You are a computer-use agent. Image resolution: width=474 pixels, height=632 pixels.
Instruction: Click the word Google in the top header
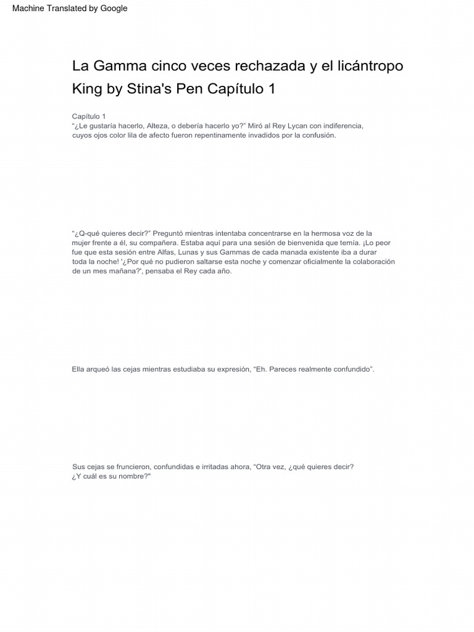click(113, 9)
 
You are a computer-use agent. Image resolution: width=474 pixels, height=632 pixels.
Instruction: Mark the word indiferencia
click(341, 126)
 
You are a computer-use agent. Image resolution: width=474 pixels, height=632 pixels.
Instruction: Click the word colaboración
click(371, 262)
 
